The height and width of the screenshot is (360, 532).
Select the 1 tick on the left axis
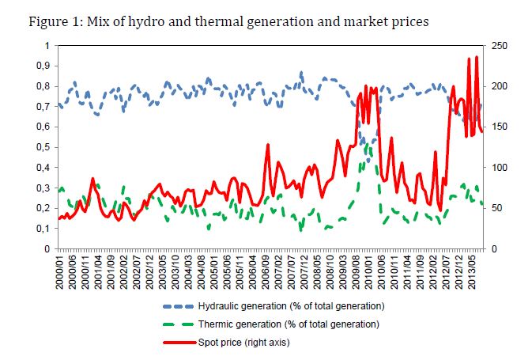[x=46, y=46]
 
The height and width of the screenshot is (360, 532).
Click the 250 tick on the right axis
[x=500, y=46]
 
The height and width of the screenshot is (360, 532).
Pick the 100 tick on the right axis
[x=500, y=168]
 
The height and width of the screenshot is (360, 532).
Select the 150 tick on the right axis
[x=500, y=127]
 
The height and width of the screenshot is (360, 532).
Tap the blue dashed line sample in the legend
[x=181, y=305]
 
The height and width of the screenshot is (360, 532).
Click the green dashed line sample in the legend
[x=181, y=324]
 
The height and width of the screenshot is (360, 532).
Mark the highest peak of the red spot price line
[x=476, y=57]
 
